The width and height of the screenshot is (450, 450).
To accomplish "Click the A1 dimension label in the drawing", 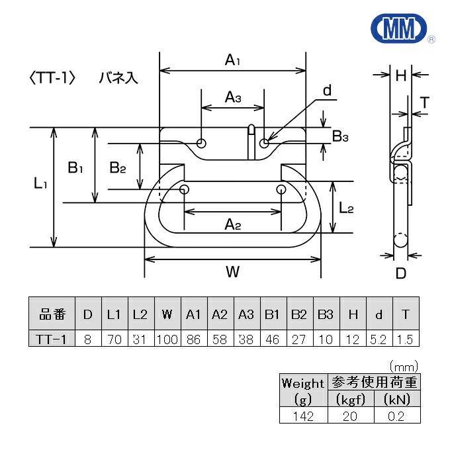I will (232, 60).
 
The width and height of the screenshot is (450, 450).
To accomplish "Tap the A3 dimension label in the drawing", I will (232, 98).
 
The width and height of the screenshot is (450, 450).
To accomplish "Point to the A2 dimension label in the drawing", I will (232, 225).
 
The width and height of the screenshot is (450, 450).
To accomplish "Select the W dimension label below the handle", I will (232, 271).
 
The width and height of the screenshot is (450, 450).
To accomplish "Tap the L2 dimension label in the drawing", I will (346, 208).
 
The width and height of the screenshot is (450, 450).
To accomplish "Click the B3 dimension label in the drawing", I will (340, 137).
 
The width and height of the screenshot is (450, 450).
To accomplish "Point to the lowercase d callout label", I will (326, 91).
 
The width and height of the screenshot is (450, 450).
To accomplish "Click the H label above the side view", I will (400, 75).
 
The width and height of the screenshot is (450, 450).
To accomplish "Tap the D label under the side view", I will (400, 273).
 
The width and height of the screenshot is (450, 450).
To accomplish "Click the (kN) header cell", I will (397, 399).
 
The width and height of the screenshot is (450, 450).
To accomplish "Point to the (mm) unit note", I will (403, 365).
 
